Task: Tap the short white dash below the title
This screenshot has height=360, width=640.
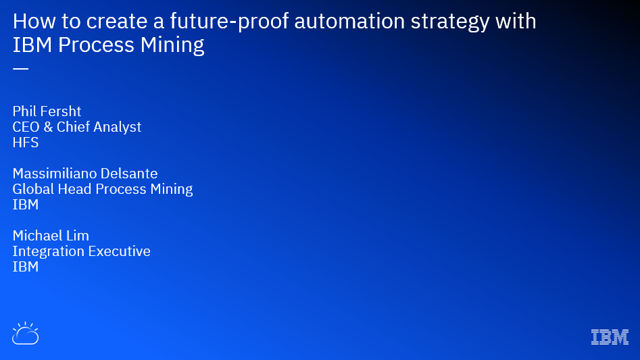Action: pos(20,69)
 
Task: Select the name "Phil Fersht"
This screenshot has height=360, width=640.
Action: pos(47,111)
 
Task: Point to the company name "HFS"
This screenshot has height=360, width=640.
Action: pos(26,143)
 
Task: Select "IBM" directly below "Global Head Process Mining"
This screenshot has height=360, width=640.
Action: pos(26,205)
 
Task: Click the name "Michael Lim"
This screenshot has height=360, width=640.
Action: pos(51,236)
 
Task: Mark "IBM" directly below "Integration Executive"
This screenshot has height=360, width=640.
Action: pos(26,267)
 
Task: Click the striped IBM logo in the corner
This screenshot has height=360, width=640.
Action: pos(610,337)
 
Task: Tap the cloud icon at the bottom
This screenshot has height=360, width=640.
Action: pos(25,334)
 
